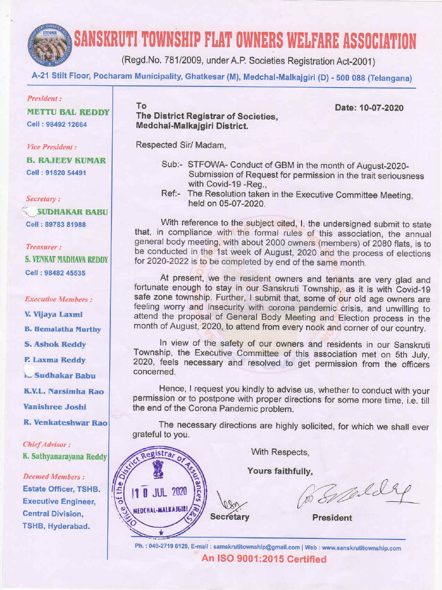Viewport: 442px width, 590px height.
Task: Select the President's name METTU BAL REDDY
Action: pyautogui.click(x=67, y=112)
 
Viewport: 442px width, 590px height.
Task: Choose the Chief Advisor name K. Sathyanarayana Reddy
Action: pyautogui.click(x=65, y=457)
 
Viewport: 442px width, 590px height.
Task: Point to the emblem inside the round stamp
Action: pyautogui.click(x=158, y=470)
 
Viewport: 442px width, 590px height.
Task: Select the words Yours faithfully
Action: pyautogui.click(x=280, y=471)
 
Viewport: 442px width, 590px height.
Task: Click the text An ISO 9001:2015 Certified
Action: pyautogui.click(x=264, y=559)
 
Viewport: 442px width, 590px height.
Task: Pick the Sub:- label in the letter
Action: pyautogui.click(x=172, y=165)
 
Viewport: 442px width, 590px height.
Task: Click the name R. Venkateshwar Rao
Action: pyautogui.click(x=66, y=422)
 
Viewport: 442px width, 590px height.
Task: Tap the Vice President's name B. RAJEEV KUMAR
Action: pyautogui.click(x=66, y=160)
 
